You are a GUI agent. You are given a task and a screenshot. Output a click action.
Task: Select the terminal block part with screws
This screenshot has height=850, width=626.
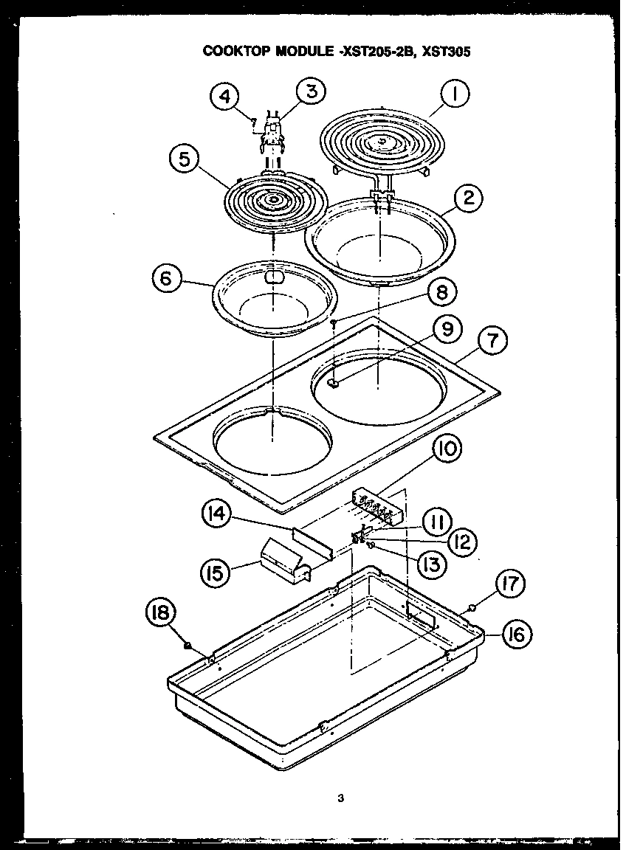coord(377,506)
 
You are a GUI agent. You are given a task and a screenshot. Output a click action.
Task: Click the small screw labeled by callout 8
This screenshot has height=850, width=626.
coord(334,322)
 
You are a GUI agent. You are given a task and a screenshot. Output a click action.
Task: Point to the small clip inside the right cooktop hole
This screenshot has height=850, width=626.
coord(331,383)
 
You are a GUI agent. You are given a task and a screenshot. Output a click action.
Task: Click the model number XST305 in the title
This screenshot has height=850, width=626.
coord(447,52)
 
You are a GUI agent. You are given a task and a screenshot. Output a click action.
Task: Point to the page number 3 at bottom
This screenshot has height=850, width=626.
coord(340,798)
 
